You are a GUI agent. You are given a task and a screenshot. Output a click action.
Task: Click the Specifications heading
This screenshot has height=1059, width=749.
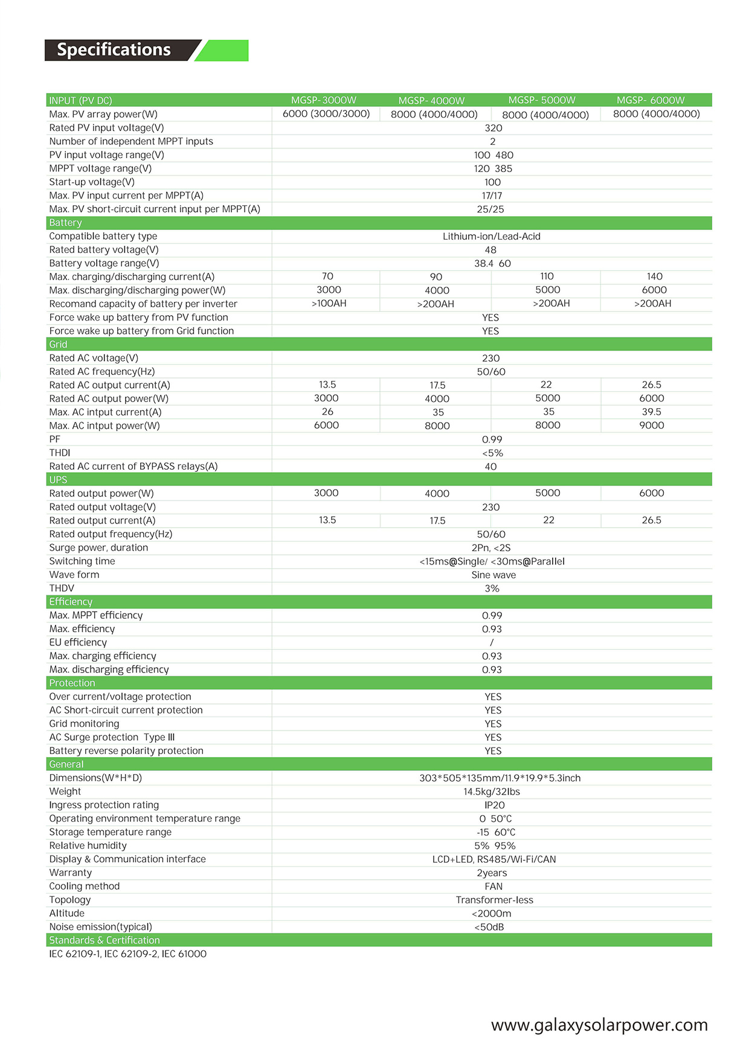(x=114, y=50)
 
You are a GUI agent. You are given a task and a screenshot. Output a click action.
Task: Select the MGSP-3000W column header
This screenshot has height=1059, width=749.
(x=324, y=100)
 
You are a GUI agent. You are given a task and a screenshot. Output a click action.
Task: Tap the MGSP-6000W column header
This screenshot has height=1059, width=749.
(x=651, y=100)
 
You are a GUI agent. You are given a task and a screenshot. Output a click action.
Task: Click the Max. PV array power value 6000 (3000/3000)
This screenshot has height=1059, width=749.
(x=326, y=114)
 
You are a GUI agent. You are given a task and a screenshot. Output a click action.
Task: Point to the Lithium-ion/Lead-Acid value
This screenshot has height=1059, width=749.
(x=491, y=236)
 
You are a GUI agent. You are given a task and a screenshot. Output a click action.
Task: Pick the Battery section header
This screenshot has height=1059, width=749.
(x=65, y=223)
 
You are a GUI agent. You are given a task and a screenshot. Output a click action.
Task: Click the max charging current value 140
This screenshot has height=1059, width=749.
(x=654, y=277)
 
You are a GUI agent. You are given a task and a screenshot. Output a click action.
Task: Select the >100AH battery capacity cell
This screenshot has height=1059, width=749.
(x=329, y=304)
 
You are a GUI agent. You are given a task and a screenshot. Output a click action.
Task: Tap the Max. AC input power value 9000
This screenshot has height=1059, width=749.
(x=651, y=426)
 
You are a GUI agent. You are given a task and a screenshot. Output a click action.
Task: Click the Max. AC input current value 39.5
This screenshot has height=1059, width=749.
(x=651, y=412)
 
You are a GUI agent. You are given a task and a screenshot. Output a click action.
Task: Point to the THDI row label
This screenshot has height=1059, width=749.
(x=60, y=453)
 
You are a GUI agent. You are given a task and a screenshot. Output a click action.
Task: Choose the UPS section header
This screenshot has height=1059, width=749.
(x=58, y=480)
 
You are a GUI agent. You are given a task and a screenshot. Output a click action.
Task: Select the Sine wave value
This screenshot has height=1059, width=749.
(x=493, y=575)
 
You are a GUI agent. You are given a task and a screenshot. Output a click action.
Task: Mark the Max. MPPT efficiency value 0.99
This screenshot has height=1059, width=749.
(x=492, y=616)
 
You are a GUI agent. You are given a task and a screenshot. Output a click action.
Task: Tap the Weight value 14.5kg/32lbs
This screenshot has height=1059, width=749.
(x=492, y=792)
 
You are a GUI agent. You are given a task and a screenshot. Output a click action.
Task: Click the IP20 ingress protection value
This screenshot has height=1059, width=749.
(x=494, y=805)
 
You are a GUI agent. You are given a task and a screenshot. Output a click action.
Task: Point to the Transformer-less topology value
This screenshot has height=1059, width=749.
(x=494, y=900)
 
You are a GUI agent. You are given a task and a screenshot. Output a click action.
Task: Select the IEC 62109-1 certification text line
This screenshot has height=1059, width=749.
(x=127, y=954)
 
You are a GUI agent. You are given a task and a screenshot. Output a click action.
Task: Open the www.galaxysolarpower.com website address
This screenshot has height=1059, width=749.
(x=599, y=1025)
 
